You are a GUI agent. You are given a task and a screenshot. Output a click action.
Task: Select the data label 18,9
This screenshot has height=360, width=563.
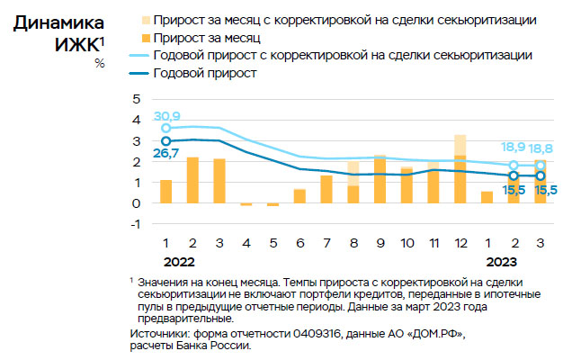514,147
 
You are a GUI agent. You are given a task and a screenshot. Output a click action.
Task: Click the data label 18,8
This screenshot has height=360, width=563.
541,147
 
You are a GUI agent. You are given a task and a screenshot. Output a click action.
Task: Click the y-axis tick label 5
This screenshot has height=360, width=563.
137,99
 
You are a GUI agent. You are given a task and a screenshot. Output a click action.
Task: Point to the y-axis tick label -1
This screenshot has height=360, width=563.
135,224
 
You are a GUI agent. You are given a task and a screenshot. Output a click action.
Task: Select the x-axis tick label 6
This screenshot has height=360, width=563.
299,244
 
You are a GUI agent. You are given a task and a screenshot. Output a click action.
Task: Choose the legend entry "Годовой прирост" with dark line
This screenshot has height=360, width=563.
207,74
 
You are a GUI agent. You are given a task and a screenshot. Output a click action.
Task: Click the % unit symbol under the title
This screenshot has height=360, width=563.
99,63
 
